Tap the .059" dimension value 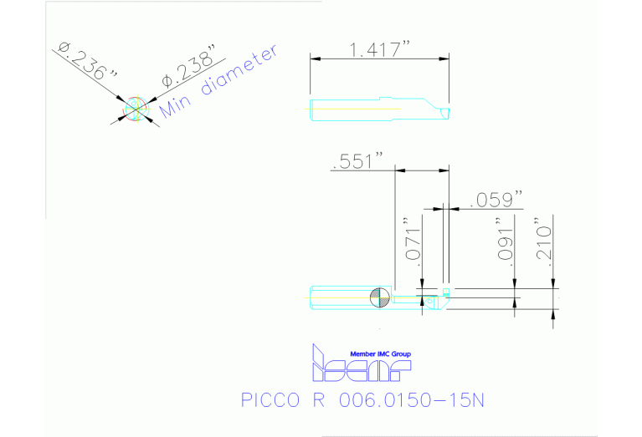pos(496,199)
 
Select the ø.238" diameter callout pos(188,71)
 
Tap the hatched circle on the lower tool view pos(378,296)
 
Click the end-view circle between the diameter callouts pos(135,107)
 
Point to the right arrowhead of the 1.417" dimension pos(443,58)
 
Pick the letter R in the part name pos(319,399)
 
